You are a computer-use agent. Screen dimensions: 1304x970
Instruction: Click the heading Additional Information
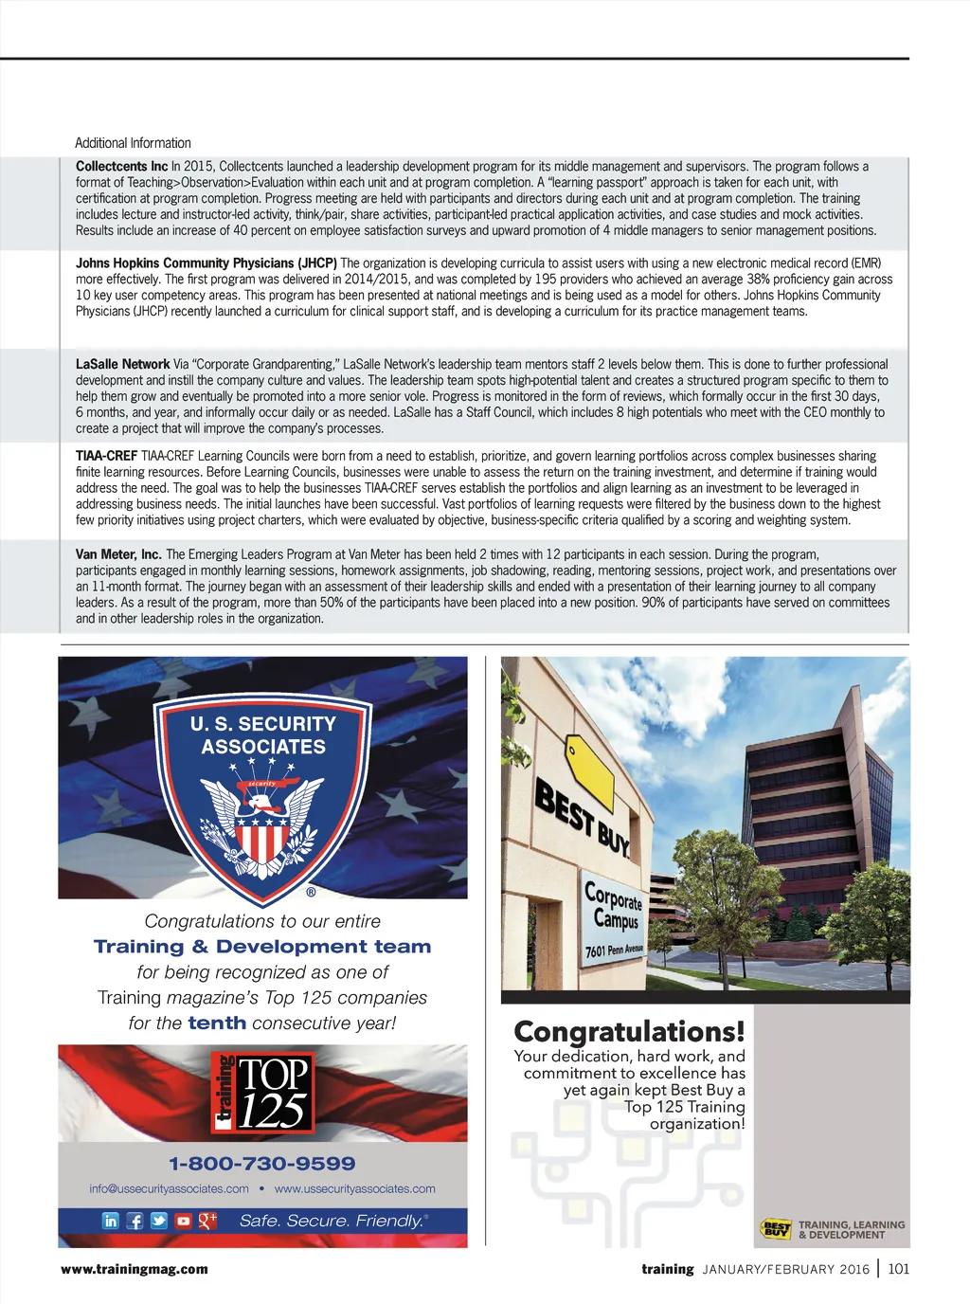point(133,143)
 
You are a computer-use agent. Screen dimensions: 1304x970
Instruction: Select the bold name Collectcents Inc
point(121,167)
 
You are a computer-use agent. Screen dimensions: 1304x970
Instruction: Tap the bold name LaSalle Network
point(122,364)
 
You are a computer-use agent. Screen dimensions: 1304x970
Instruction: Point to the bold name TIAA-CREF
point(106,456)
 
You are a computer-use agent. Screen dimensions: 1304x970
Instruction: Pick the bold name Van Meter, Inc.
point(118,554)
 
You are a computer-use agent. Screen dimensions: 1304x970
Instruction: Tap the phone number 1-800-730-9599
point(262,1164)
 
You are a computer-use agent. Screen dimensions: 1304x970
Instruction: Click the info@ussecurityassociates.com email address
point(169,1189)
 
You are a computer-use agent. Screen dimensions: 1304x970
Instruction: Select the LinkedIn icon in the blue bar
point(111,1221)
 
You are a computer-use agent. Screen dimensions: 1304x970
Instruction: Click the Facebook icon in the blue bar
point(135,1221)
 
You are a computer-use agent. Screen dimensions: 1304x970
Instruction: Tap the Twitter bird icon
point(158,1221)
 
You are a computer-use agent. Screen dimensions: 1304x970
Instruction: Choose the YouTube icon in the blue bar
point(183,1221)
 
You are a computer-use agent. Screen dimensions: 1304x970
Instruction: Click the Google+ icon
point(207,1221)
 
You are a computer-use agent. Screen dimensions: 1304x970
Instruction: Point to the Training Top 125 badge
point(262,1093)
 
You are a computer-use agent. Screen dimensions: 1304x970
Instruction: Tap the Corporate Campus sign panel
point(613,919)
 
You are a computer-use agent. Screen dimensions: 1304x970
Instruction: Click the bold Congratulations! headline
point(629,1031)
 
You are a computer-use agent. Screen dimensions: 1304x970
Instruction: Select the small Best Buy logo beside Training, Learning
point(776,1229)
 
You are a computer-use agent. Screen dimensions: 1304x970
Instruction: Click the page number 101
point(898,1269)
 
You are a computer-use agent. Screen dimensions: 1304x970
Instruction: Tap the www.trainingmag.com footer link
point(134,1269)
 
